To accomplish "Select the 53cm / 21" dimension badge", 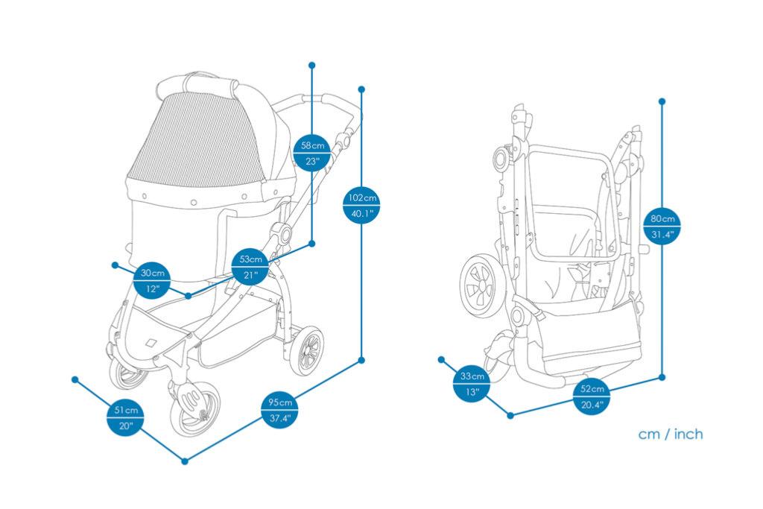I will click(250, 267).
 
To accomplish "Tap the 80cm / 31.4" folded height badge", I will click(662, 227).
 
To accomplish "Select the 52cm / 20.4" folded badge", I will click(592, 396).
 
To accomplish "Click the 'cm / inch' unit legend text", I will click(670, 434).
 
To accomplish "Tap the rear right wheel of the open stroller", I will click(306, 350).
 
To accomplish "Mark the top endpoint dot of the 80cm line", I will click(662, 101).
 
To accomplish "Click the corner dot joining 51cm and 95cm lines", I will click(185, 461).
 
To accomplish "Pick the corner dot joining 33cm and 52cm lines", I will click(510, 415).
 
